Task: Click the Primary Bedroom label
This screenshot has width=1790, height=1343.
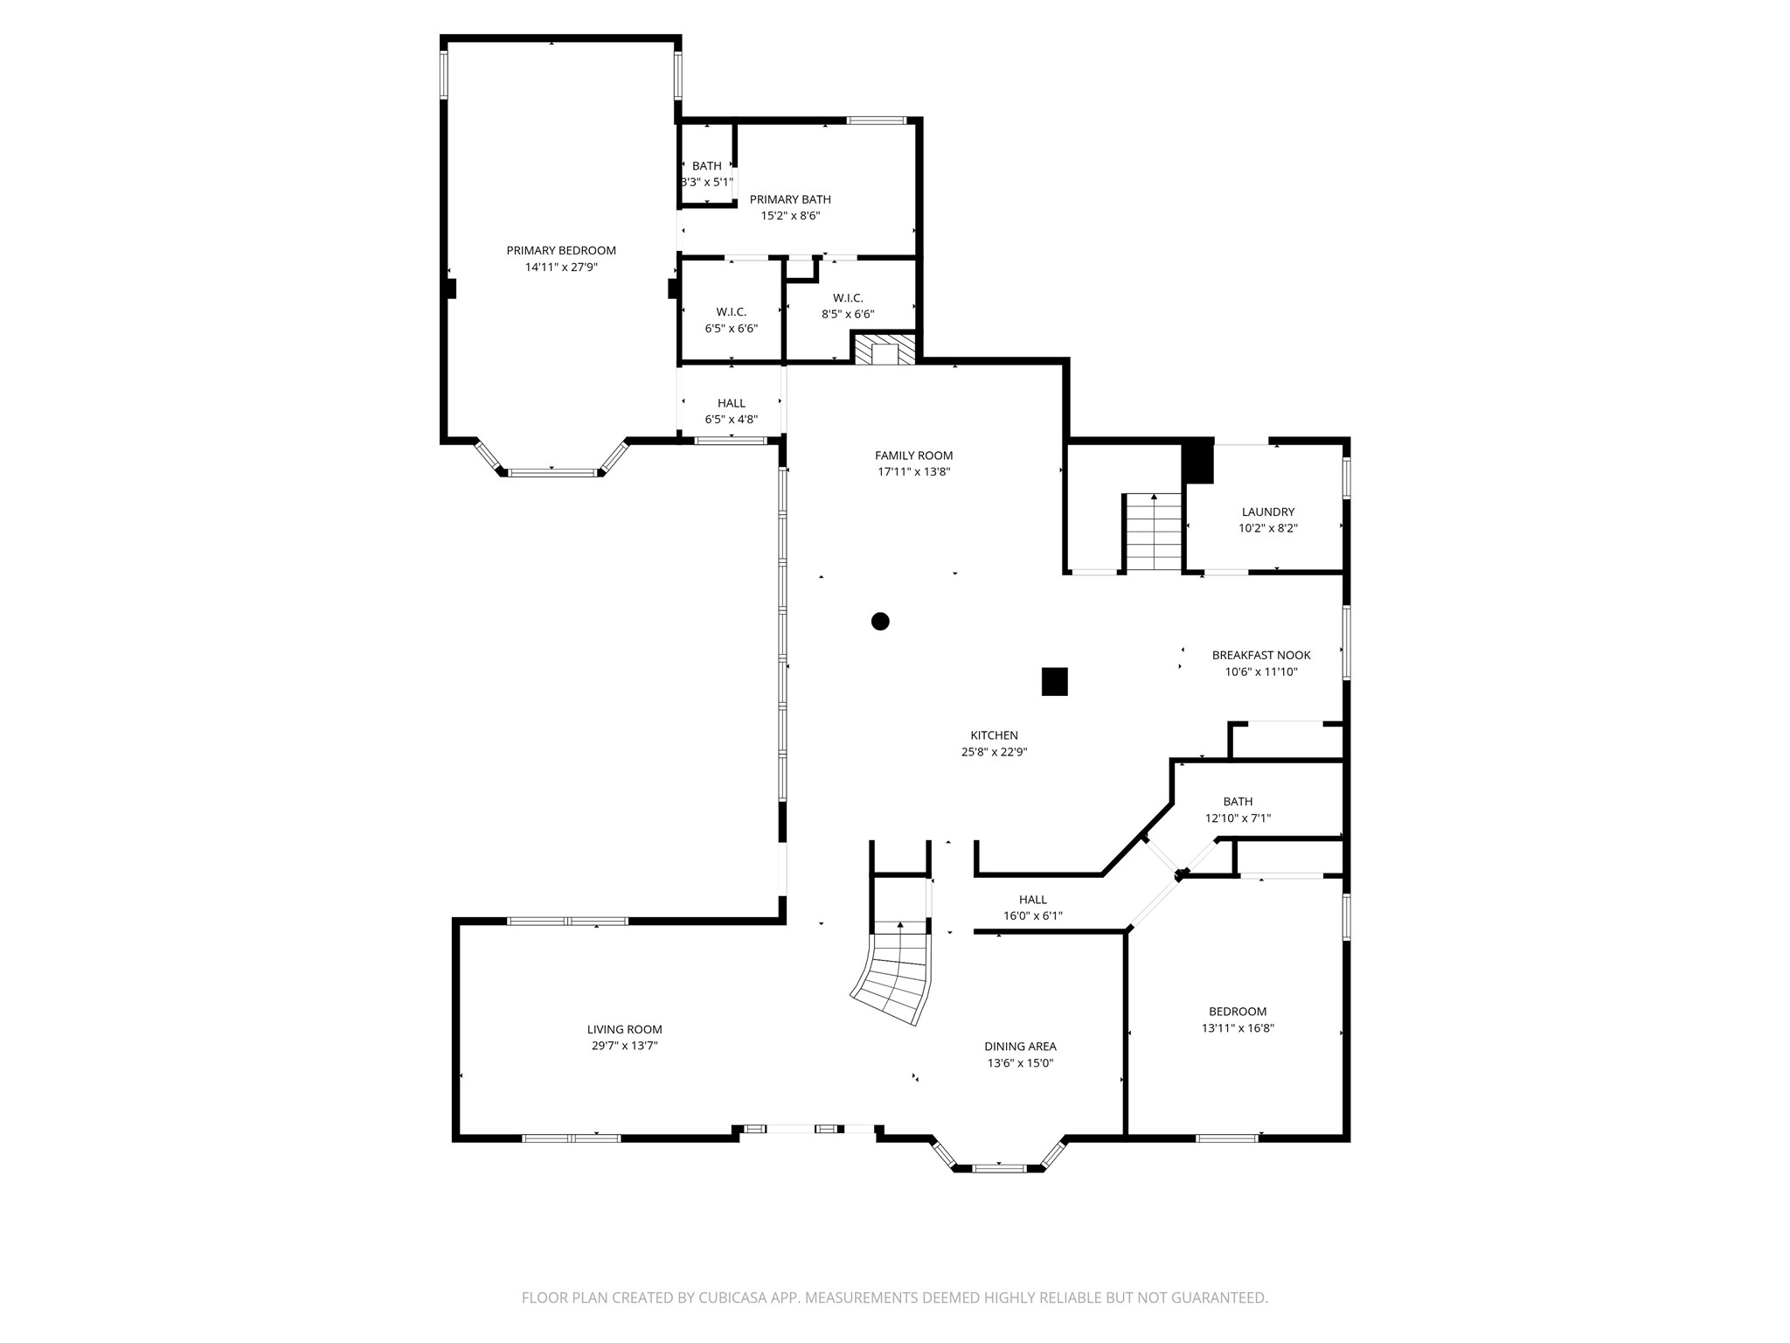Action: pos(561,251)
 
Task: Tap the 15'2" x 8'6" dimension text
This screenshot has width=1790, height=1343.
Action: pos(790,216)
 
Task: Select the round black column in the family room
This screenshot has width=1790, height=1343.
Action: pos(880,622)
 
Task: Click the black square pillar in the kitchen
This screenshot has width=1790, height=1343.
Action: pos(1055,681)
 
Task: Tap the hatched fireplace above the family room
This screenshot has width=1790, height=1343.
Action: pos(885,350)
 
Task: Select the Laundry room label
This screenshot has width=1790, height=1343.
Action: pos(1267,512)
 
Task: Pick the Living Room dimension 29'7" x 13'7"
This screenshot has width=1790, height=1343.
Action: pos(624,1046)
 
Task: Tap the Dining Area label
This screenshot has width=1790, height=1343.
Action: pos(1020,1047)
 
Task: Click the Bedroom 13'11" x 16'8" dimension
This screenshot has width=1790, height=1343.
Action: pos(1238,1028)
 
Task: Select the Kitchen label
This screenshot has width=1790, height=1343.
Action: pos(994,735)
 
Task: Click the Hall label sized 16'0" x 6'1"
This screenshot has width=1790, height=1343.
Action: pos(1032,900)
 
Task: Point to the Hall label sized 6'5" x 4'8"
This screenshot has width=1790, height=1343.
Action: pos(732,403)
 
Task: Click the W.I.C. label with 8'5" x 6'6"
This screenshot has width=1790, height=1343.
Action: pos(848,298)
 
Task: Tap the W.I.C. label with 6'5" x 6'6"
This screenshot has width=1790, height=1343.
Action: pos(732,312)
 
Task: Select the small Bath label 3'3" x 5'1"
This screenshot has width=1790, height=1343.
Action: pos(707,166)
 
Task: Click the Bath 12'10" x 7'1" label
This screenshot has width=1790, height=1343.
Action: pos(1238,802)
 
